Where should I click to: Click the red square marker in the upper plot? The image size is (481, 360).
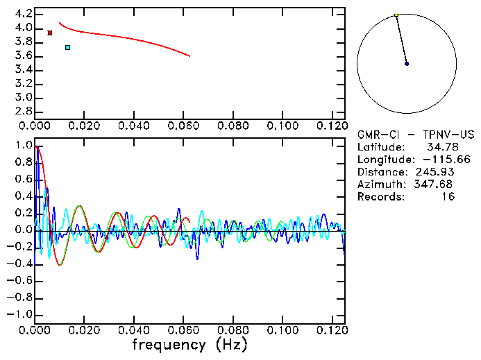[x=50, y=33]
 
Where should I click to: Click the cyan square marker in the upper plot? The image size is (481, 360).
[x=67, y=47]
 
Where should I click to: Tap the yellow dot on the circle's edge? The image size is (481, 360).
[x=396, y=15]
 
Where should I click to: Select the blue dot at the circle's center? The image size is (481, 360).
[x=407, y=64]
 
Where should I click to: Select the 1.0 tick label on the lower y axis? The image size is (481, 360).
[x=24, y=146]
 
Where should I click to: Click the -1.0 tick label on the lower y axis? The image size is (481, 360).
[x=21, y=314]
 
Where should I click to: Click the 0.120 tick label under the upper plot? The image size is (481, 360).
[x=332, y=126]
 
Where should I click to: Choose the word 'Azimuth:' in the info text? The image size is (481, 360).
[x=379, y=185]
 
